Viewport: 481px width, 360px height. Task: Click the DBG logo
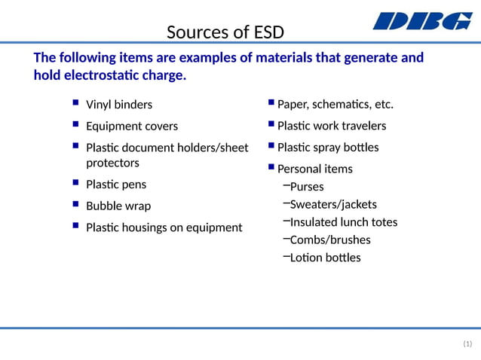click(x=422, y=21)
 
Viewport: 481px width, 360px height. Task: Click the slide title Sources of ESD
click(x=225, y=32)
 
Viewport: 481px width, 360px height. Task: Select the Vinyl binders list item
click(x=119, y=105)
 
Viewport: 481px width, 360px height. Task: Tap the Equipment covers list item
click(x=132, y=126)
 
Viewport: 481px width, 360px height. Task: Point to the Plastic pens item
click(x=116, y=185)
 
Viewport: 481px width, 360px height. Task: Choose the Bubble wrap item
click(x=118, y=206)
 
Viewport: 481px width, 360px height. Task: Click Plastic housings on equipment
click(x=164, y=227)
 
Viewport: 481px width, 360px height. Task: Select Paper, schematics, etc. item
click(x=335, y=104)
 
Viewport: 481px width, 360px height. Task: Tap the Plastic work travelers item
click(x=332, y=126)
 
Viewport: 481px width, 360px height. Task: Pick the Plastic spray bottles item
click(x=328, y=147)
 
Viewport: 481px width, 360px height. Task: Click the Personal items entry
click(x=315, y=169)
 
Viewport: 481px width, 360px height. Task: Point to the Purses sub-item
click(x=307, y=187)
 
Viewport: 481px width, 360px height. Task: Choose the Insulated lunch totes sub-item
click(x=344, y=222)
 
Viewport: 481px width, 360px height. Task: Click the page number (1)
click(x=467, y=344)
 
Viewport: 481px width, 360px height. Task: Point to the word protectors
click(x=112, y=163)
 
